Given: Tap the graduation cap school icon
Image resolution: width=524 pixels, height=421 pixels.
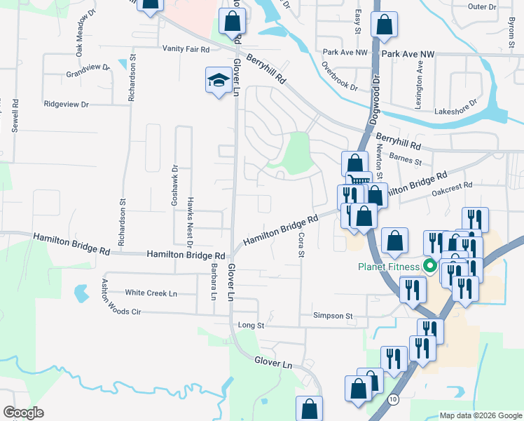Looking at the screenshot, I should pos(219,81).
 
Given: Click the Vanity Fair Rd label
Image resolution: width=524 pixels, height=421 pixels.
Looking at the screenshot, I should pos(186,49).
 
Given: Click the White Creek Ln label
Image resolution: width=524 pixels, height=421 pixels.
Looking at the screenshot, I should pos(151,293).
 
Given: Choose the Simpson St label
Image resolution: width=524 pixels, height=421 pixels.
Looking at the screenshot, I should pos(333,316).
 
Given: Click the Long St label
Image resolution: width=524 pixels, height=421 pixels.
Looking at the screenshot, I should pos(251,326).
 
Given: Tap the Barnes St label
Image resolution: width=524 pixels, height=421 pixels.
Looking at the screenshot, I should pos(406,161).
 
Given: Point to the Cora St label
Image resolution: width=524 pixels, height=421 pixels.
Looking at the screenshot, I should pos(302,244).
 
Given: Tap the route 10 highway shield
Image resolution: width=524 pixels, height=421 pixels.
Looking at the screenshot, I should pos(394,399).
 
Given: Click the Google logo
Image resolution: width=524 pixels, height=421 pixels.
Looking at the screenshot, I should pos(23,413).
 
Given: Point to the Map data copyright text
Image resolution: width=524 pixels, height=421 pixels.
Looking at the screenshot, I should pos(480,415).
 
